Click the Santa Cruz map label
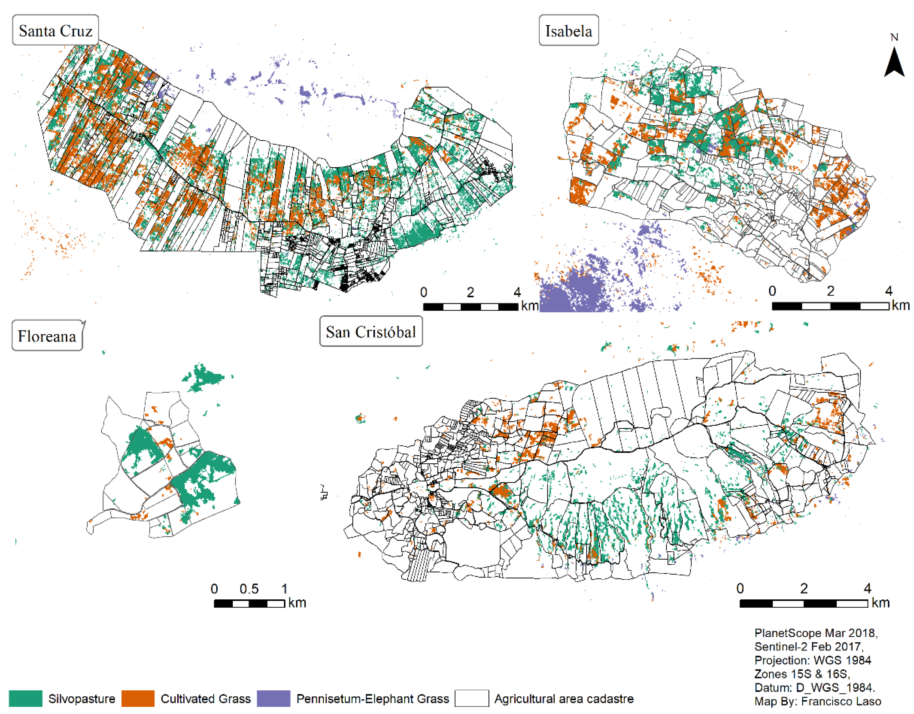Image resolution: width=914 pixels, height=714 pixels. (56, 31)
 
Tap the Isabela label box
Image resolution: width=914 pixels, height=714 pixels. (568, 31)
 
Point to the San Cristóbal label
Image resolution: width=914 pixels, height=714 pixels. (371, 332)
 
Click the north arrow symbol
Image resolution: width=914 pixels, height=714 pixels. (894, 63)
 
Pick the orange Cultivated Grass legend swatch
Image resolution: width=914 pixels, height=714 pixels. (138, 698)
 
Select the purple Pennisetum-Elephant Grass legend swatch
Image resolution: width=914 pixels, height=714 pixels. (273, 698)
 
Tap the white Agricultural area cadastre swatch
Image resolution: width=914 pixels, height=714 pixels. (472, 698)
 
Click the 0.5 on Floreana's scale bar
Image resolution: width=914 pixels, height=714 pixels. (249, 589)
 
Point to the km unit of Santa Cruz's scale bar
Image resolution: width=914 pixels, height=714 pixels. (529, 305)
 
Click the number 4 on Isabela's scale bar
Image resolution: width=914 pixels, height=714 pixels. (888, 291)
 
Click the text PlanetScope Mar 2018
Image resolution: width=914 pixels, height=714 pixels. (816, 633)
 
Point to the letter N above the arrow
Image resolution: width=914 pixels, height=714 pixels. (894, 37)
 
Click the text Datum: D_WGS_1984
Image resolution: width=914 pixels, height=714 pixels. (814, 687)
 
